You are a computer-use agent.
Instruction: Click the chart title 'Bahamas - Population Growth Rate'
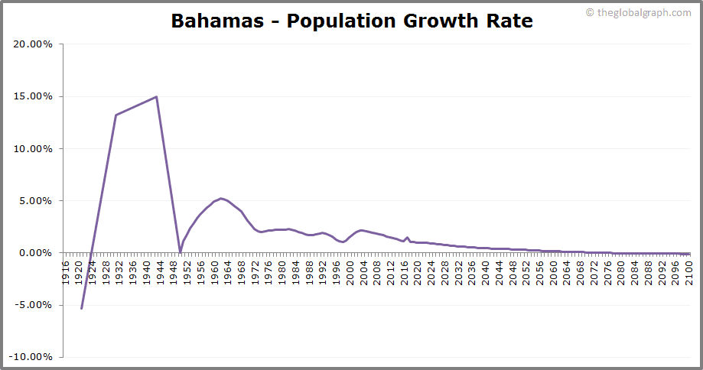352,21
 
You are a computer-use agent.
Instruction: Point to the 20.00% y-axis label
33,44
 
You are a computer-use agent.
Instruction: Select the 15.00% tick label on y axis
33,96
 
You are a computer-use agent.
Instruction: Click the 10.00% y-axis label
33,149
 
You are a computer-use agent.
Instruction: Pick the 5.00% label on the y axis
35,201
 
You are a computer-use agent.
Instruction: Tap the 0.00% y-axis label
35,253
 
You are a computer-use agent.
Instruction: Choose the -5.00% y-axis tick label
34,305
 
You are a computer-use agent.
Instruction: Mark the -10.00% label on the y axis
31,357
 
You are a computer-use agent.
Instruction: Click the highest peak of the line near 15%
156,97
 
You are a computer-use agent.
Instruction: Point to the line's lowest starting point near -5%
81,308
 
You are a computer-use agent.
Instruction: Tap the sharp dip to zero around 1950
180,252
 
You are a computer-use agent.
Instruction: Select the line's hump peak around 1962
221,199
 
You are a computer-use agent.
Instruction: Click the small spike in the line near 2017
407,238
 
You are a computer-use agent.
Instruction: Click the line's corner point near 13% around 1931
116,115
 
